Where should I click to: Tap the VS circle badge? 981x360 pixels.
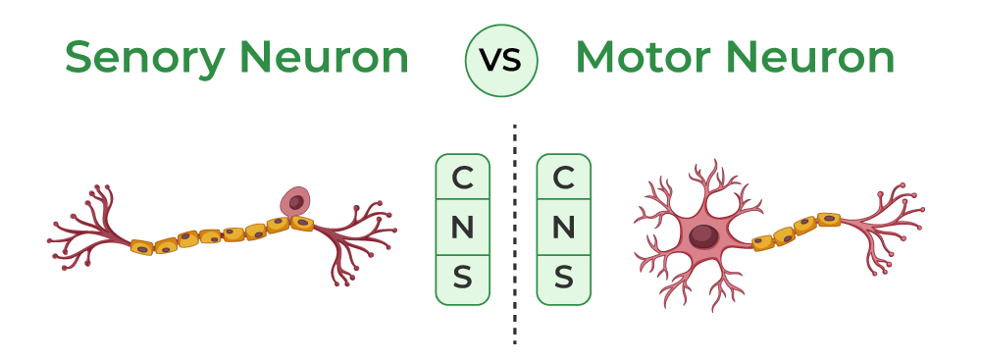pos(501,59)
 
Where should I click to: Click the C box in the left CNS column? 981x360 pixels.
pos(462,179)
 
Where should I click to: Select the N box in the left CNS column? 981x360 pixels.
pos(462,229)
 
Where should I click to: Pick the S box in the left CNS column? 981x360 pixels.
pos(462,279)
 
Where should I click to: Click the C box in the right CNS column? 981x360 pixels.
pos(564,179)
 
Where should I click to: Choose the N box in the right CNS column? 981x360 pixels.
pos(564,229)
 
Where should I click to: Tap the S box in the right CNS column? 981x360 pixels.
pos(564,279)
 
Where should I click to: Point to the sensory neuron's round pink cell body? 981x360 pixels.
pos(295,202)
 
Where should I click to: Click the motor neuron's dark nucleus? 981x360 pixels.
pos(703,236)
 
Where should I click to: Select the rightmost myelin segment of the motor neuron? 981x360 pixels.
pos(829,219)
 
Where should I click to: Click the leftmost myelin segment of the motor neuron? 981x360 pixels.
pos(763,241)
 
